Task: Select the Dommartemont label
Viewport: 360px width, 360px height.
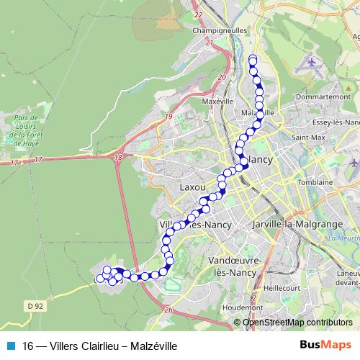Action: point(322,96)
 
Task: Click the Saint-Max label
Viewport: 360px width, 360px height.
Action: point(306,137)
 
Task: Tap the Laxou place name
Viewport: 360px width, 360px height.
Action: point(192,186)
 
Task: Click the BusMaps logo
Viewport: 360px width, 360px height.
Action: point(325,346)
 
